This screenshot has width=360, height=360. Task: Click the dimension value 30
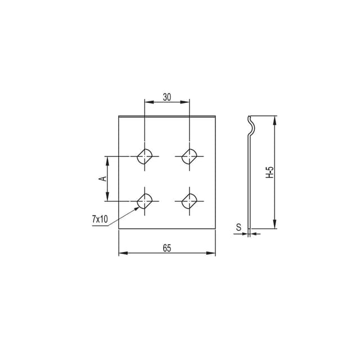point(167,97)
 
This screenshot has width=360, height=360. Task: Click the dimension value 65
point(167,248)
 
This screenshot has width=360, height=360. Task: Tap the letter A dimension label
point(102,178)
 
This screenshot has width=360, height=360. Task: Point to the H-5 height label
point(269,173)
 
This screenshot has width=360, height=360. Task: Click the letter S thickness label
point(238,227)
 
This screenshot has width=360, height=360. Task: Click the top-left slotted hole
point(145,156)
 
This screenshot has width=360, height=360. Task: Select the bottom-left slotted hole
point(145,200)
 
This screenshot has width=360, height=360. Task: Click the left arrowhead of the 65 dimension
point(121,254)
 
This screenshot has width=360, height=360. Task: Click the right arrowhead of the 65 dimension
point(213,254)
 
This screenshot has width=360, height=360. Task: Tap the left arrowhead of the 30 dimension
point(147,102)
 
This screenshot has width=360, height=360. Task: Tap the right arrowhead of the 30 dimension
point(186,102)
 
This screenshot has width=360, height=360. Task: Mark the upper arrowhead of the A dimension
point(107,159)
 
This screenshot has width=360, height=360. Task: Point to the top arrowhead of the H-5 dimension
point(274,119)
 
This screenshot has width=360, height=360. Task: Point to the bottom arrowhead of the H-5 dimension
point(274,226)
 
